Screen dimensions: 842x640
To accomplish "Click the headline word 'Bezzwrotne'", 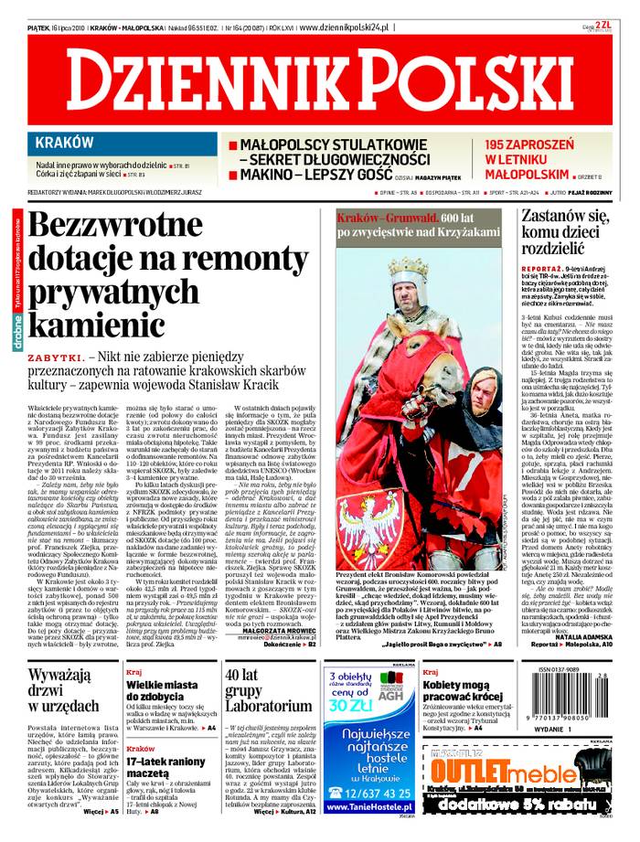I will (115, 227).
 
